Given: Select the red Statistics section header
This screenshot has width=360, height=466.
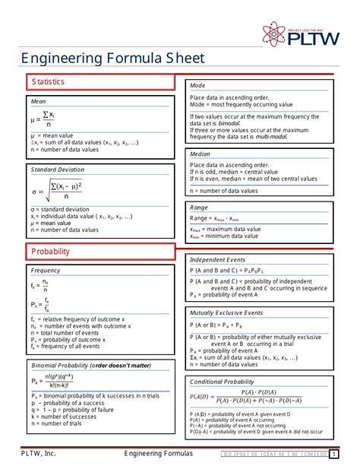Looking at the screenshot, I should (47, 81).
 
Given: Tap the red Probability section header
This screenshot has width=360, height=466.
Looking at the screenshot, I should (50, 251).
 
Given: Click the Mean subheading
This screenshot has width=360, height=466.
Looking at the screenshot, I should (39, 101).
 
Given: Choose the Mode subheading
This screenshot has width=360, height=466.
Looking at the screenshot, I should (197, 86).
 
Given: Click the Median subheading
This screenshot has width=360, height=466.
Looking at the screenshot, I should (201, 154).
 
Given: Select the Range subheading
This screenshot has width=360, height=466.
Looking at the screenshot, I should (199, 207).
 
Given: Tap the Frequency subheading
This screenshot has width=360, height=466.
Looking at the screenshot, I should (46, 271).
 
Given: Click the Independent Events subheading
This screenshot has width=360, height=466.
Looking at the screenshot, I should (217, 259).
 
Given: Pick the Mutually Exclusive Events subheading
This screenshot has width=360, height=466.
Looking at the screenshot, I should (226, 312).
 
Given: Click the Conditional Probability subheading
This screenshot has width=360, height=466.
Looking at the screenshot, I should (222, 381).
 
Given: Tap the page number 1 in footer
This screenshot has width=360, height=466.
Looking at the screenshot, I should (333, 455).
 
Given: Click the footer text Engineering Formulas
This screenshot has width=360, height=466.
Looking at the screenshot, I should (159, 455).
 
